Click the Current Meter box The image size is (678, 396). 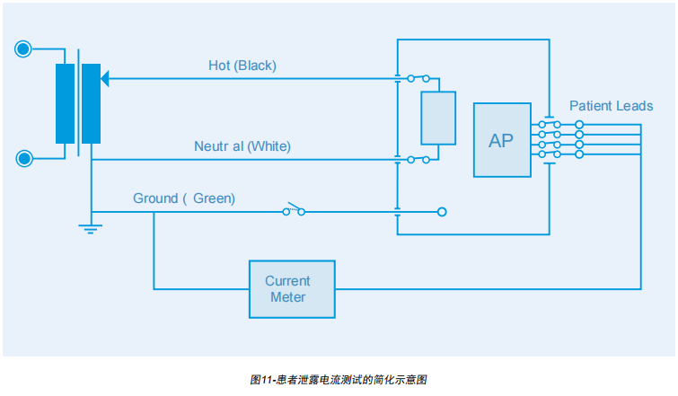[291, 289]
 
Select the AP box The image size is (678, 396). [501, 140]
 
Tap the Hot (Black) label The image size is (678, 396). [242, 66]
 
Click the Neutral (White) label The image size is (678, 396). [242, 145]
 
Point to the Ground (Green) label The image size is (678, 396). [184, 198]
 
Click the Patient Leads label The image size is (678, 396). [611, 106]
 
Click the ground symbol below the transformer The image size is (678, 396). [90, 228]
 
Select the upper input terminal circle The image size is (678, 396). [24, 49]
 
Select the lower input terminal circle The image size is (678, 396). [24, 159]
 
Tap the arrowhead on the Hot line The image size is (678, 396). [105, 79]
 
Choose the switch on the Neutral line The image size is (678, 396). [418, 159]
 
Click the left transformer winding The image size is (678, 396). [65, 103]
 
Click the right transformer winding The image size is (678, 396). [91, 103]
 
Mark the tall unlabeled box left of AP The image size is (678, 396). [438, 118]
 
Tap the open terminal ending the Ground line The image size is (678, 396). [441, 213]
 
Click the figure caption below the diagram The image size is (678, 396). [339, 380]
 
